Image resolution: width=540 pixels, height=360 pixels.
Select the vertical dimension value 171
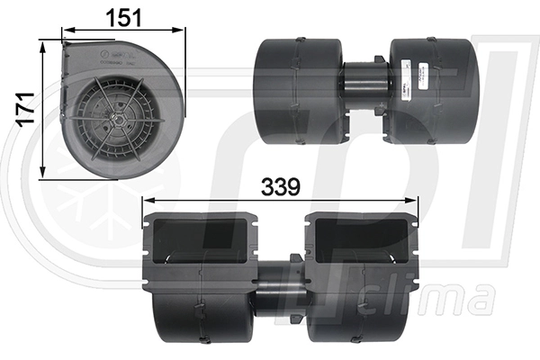point(26,107)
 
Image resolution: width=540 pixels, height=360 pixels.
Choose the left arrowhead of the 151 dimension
point(63,31)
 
